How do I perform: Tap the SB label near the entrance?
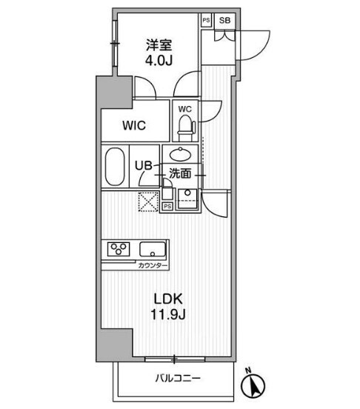[225, 20]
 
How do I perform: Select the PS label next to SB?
[206, 20]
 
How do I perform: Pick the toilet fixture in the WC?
[184, 127]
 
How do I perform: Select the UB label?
[143, 167]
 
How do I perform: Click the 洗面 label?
[180, 173]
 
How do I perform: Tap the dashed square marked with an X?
[149, 200]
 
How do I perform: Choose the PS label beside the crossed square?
[167, 205]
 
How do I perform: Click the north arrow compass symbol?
[256, 385]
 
